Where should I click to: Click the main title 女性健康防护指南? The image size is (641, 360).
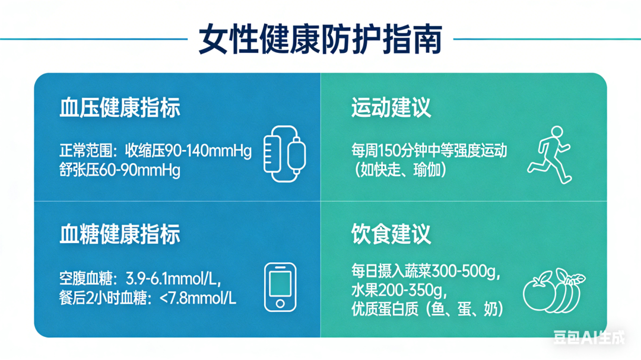tap(320, 39)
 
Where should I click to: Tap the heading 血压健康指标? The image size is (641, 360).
tap(120, 108)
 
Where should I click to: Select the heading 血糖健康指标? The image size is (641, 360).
tap(120, 234)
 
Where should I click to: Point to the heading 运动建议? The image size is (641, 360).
tap(391, 108)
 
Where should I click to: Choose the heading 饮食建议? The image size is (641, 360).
tap(391, 234)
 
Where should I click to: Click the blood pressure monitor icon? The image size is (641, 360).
tap(285, 154)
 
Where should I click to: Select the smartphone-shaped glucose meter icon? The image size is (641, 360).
tap(280, 287)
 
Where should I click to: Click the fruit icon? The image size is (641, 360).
tap(554, 291)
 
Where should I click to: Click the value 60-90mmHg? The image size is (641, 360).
tap(139, 170)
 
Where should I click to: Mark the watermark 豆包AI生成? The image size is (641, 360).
tap(589, 337)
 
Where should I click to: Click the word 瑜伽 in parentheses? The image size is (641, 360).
tap(427, 170)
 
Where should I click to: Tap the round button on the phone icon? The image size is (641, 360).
tap(280, 304)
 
